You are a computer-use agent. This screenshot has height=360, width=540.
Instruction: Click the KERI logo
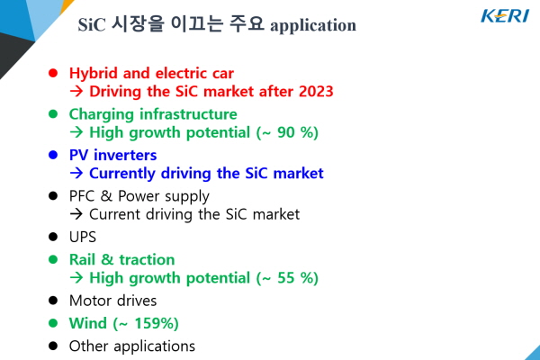tap(505, 16)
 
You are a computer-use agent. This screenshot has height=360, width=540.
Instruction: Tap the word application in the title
tap(313, 26)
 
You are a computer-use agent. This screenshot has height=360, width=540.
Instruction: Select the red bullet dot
tap(53, 73)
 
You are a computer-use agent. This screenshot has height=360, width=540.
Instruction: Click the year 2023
tap(316, 91)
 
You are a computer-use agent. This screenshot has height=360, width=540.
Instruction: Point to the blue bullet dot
tap(53, 155)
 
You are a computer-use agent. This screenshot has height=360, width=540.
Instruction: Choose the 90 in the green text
tap(286, 132)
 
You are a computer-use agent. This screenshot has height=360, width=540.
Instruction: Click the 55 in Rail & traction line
tap(286, 278)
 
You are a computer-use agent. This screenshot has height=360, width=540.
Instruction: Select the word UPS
tap(83, 237)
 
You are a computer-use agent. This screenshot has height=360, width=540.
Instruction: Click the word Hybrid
tap(94, 74)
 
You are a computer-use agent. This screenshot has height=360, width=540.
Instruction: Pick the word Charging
tap(101, 114)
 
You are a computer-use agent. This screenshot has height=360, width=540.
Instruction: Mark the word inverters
tap(125, 156)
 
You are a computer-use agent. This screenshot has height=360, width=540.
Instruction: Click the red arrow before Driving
tap(76, 91)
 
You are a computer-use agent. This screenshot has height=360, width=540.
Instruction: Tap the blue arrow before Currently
tap(76, 173)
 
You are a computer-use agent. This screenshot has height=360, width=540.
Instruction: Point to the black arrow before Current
tap(76, 214)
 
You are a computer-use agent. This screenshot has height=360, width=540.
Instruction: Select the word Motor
tap(88, 301)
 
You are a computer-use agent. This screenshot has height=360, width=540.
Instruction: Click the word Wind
tap(88, 323)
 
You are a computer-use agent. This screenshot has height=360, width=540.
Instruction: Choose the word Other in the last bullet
tap(88, 346)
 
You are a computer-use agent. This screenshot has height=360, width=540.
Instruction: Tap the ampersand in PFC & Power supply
tap(106, 196)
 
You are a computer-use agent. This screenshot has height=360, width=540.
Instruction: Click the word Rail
tap(82, 260)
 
